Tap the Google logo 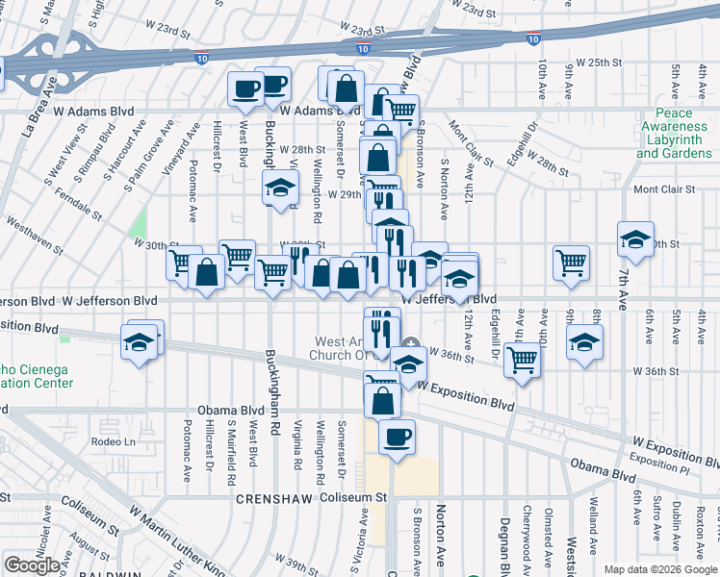coord(33,565)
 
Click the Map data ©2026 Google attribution coord(659,569)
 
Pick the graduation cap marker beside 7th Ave coord(634,240)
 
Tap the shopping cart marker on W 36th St coord(522,361)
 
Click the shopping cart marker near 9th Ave coord(571,262)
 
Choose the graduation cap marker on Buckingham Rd coord(280,187)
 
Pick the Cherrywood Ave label coord(527,538)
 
